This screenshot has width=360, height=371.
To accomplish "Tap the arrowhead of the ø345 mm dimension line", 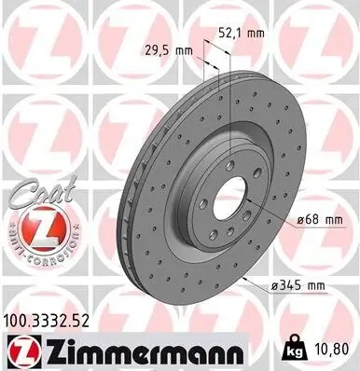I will click(244, 277).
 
